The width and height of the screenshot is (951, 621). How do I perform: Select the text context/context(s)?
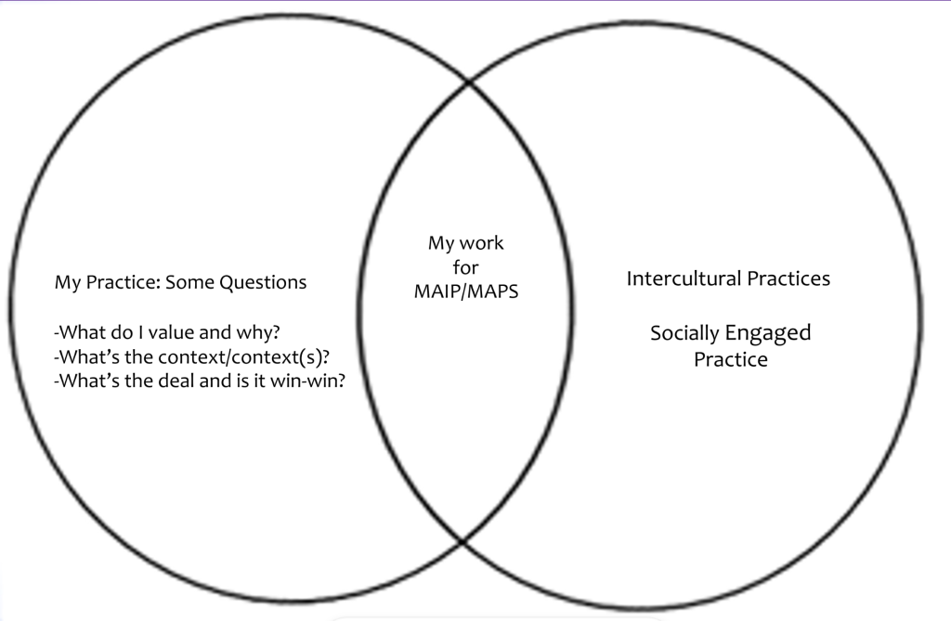point(244,357)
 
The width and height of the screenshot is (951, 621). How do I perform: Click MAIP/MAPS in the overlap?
point(466,291)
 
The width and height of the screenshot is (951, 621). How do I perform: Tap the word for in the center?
point(466,267)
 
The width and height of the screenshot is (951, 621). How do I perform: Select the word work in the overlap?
point(482,243)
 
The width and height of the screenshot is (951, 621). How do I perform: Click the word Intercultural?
point(684,278)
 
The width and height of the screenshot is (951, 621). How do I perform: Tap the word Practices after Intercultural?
point(788,278)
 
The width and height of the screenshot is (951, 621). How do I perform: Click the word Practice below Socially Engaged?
point(731,359)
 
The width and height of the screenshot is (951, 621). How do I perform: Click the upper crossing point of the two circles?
point(469,81)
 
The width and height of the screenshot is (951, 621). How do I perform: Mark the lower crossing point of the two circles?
point(462,541)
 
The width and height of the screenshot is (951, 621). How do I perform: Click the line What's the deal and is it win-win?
point(200,381)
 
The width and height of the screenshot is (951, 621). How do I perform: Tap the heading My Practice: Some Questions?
point(181,282)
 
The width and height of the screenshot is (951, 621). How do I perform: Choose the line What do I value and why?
point(167,332)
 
